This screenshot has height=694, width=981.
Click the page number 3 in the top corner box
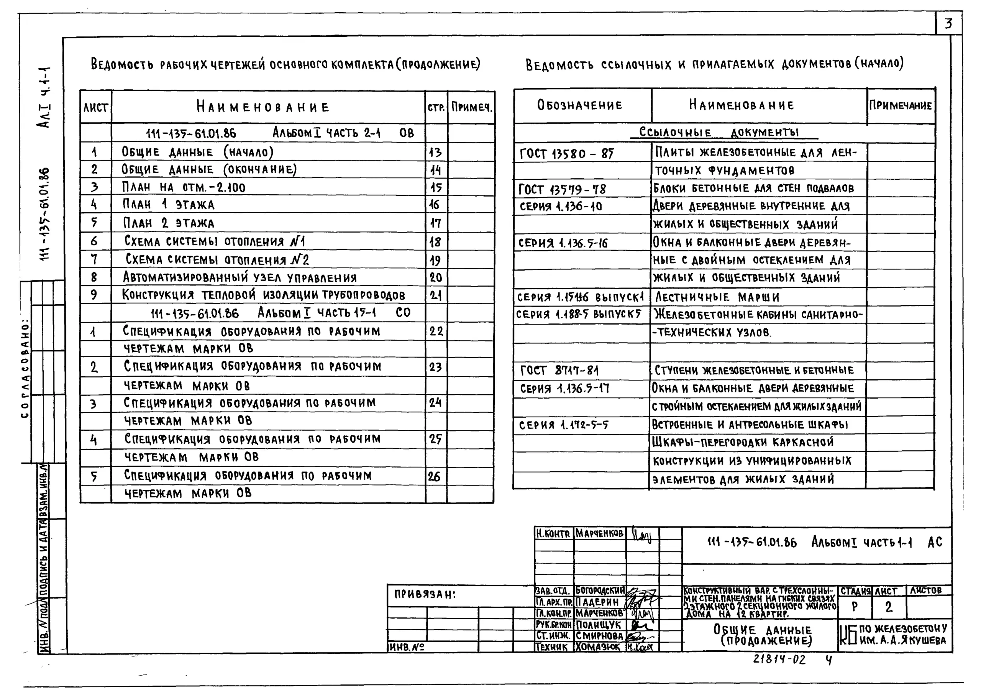click(948, 23)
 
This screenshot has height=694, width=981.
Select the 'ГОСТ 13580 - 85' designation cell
click(566, 153)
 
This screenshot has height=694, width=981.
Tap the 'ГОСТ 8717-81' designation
click(559, 370)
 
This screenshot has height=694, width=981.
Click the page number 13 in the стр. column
click(435, 153)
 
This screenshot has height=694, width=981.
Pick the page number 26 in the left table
click(434, 476)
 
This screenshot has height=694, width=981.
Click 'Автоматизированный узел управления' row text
click(240, 278)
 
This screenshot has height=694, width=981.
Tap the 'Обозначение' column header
click(579, 105)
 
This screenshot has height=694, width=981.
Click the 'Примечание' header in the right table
click(900, 105)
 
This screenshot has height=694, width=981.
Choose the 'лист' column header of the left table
click(95, 107)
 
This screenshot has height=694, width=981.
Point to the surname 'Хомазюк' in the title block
click(598, 647)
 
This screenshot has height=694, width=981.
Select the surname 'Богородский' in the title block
click(599, 591)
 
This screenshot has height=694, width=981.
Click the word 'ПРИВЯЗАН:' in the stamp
click(425, 594)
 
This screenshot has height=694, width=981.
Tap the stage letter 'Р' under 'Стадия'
click(855, 607)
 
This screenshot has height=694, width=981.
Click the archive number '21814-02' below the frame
click(779, 660)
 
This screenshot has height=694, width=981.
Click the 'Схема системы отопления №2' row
click(217, 260)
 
